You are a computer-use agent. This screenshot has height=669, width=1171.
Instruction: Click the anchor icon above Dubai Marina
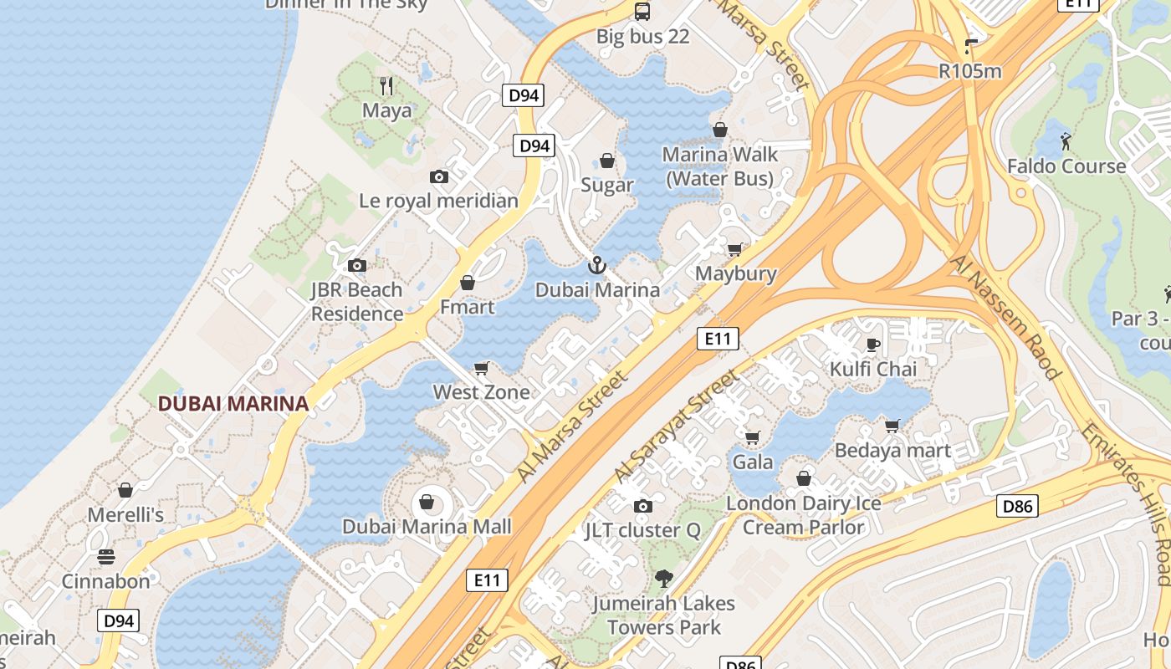596,266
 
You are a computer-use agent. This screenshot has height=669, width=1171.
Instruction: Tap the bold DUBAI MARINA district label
233,404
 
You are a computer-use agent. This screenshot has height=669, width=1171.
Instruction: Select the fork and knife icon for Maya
386,86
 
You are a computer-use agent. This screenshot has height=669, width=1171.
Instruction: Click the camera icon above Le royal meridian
439,176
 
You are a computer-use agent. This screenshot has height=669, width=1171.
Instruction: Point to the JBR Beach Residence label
357,302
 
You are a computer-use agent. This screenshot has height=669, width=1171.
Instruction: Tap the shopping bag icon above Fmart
468,283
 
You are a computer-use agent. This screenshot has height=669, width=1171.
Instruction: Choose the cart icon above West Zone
482,368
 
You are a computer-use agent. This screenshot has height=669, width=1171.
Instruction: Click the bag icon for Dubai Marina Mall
427,502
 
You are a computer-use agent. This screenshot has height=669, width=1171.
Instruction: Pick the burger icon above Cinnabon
106,556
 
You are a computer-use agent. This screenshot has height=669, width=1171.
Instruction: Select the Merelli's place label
125,514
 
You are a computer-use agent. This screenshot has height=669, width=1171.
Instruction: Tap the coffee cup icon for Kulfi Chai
873,345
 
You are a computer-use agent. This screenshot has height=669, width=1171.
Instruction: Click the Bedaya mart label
892,451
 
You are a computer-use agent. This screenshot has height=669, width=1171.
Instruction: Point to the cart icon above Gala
752,437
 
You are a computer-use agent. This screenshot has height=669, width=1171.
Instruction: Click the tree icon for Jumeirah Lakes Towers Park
663,578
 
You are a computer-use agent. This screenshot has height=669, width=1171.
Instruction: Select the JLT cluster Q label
642,530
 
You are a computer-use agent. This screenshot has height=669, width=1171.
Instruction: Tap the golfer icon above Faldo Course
1066,140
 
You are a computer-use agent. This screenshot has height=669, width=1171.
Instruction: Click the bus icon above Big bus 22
642,12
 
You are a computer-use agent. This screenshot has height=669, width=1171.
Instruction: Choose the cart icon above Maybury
735,249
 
